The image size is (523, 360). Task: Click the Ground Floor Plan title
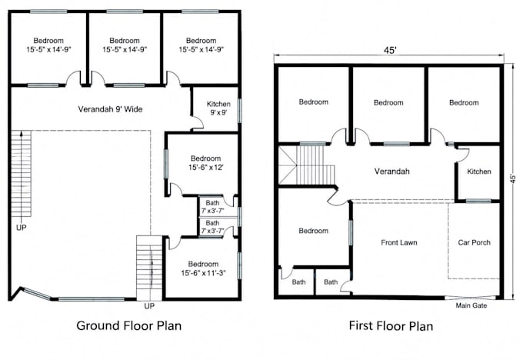pos(128,325)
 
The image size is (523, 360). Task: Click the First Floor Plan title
pos(391,325)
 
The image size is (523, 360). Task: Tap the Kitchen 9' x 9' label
pos(218,108)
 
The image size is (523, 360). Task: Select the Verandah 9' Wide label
pos(110,109)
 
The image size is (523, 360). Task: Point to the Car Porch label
pos(474,242)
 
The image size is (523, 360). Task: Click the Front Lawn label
pos(399,242)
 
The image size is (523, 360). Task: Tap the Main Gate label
pos(471,305)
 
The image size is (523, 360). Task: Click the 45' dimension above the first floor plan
pos(390,50)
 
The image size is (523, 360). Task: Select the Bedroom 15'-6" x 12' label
pos(206,163)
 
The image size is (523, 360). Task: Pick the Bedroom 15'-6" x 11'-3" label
pos(204,268)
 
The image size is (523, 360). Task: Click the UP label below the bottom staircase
pos(149,306)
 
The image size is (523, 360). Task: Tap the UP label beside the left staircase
pos(21,228)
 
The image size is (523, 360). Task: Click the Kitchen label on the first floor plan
pos(479,172)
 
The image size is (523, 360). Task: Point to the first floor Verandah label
pos(391,172)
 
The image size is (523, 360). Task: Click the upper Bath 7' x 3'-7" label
pos(212,207)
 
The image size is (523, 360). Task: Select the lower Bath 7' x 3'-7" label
pos(212,227)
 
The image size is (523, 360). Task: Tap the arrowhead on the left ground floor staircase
pos(22,133)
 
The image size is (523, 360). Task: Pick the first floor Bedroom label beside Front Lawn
pos(313,231)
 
